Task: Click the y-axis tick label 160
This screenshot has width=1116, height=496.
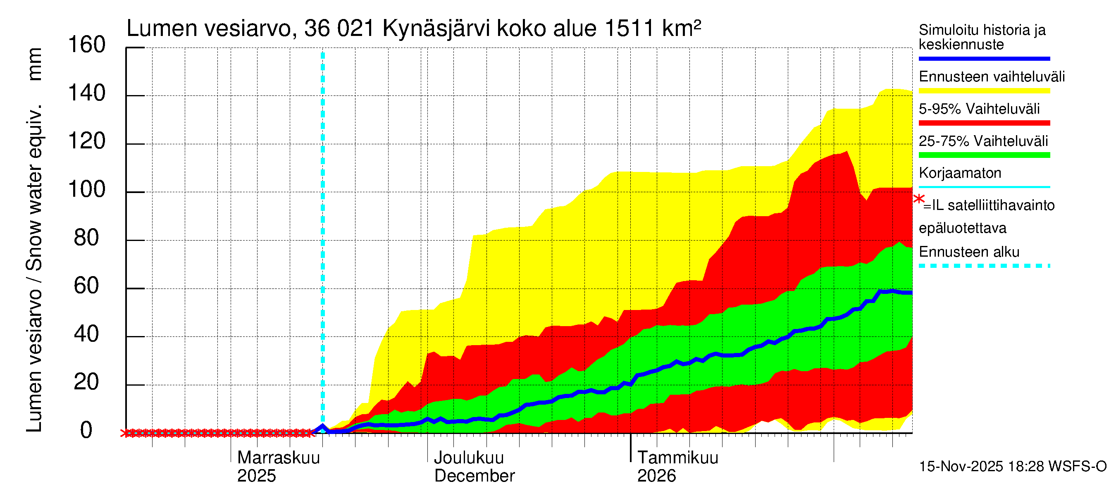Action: [x=87, y=45]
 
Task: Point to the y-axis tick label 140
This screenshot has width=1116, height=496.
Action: [x=87, y=93]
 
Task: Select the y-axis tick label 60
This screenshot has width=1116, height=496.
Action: [x=87, y=286]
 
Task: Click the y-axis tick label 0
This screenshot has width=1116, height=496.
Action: [x=87, y=430]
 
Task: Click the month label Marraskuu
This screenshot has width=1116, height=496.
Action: [x=279, y=458]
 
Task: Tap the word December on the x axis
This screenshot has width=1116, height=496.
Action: [x=475, y=476]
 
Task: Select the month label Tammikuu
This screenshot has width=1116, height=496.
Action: [x=677, y=458]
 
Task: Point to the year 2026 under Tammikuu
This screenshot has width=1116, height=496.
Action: [x=656, y=476]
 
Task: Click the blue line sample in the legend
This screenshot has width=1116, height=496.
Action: [x=984, y=58]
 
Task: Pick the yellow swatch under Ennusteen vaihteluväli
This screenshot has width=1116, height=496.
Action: [x=984, y=91]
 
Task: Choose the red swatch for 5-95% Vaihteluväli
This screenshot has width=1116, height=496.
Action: [x=984, y=123]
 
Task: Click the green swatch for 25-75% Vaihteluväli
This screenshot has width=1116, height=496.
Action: [x=984, y=155]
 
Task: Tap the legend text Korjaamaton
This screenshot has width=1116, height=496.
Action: [x=960, y=173]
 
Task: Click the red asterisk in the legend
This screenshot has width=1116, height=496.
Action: [x=918, y=199]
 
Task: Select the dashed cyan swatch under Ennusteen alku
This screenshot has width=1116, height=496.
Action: [x=984, y=265]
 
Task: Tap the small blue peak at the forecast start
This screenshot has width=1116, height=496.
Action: [x=322, y=426]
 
